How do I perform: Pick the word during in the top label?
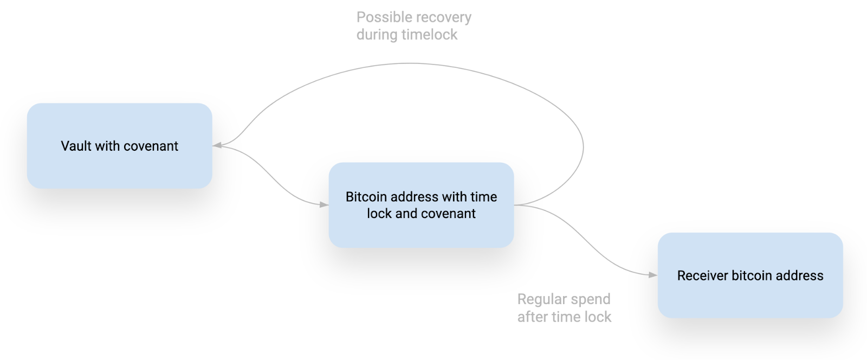[x=377, y=35]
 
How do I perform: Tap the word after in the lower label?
[x=533, y=317]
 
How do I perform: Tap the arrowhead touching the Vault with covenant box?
[x=217, y=145]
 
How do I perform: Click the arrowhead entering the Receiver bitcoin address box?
[x=653, y=275]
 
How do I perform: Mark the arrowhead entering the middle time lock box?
[x=324, y=204]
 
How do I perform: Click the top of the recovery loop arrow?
[x=410, y=63]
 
